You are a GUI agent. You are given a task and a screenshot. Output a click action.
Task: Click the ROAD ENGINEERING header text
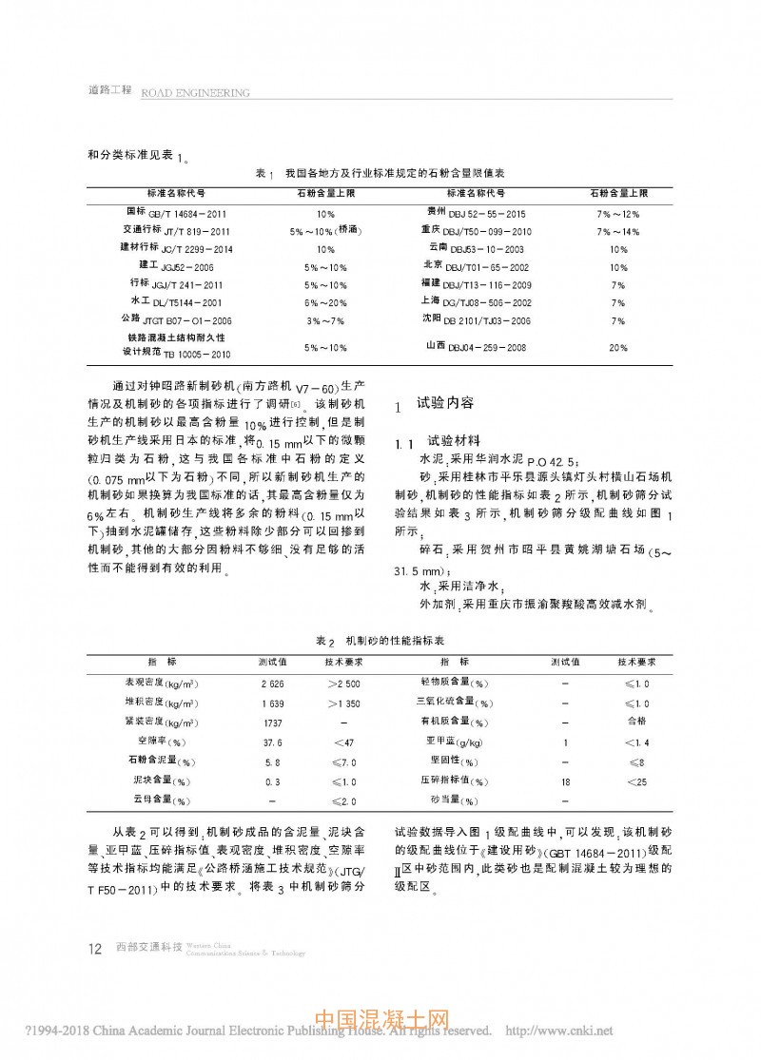coord(195,93)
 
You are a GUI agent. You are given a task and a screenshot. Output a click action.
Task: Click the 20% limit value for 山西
coord(617,348)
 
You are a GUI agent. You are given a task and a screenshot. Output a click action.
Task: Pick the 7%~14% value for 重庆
coord(617,231)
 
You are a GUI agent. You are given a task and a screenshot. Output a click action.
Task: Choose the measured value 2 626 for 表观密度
coord(272,684)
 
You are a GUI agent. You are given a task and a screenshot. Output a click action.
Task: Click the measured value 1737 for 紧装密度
coord(272,723)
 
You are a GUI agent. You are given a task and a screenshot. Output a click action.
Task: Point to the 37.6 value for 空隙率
coord(272,742)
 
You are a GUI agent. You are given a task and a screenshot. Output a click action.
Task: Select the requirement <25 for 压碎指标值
coord(637,781)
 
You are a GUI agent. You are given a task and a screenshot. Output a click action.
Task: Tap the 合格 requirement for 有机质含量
coord(637,723)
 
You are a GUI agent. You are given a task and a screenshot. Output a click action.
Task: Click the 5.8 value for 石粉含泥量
coord(272,761)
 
